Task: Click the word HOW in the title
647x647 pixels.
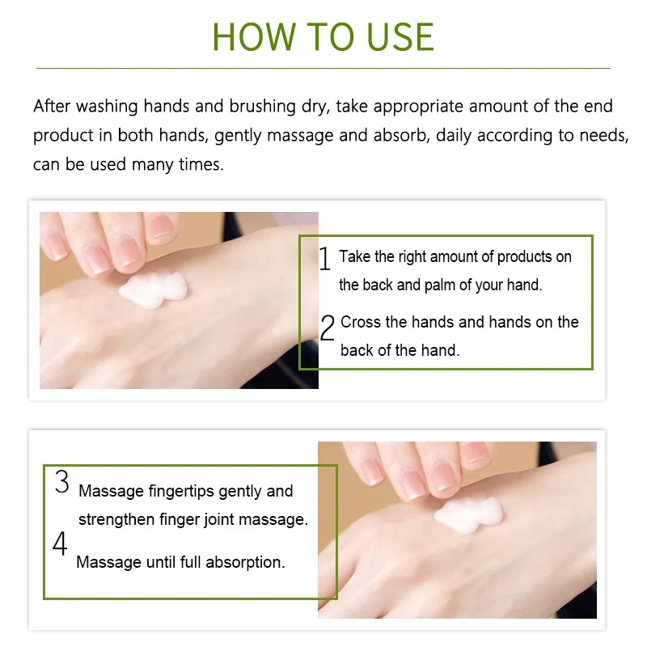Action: pyautogui.click(x=254, y=37)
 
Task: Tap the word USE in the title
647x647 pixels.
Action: pyautogui.click(x=400, y=37)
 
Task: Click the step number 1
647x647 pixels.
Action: pyautogui.click(x=325, y=258)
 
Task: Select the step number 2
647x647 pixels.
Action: pyautogui.click(x=328, y=328)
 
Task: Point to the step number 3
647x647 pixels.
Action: pyautogui.click(x=62, y=481)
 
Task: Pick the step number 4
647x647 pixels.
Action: pyautogui.click(x=60, y=543)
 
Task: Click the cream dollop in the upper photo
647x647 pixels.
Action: pyautogui.click(x=153, y=290)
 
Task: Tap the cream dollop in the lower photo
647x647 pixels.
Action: pyautogui.click(x=469, y=514)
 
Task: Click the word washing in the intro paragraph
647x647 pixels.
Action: pyautogui.click(x=107, y=107)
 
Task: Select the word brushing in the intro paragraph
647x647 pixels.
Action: pyautogui.click(x=262, y=107)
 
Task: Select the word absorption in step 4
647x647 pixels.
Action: pyautogui.click(x=245, y=562)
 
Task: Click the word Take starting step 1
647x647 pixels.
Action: pyautogui.click(x=354, y=256)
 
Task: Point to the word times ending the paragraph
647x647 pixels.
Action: pyautogui.click(x=201, y=165)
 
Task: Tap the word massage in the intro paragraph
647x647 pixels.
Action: pyautogui.click(x=300, y=136)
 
